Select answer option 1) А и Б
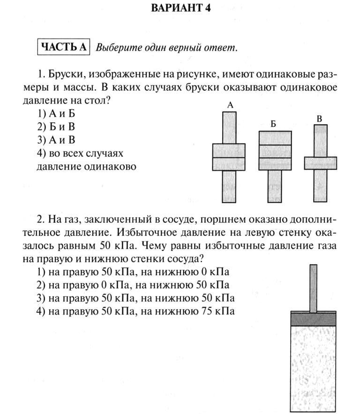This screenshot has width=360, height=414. (x=55, y=113)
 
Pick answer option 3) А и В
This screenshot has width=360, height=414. (x=55, y=140)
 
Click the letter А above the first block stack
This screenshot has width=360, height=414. (x=230, y=106)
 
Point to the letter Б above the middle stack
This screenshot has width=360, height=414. (x=273, y=124)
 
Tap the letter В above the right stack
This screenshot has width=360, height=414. (x=320, y=118)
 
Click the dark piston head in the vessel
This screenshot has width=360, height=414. (x=314, y=319)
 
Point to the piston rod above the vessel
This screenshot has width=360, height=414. (x=313, y=288)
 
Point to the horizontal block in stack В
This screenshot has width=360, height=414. (x=320, y=163)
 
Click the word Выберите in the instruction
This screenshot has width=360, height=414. (x=115, y=47)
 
